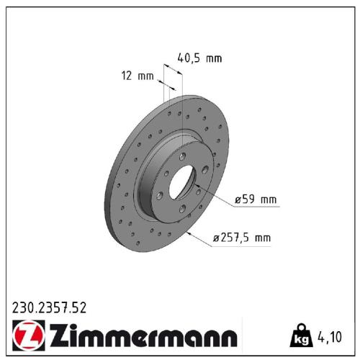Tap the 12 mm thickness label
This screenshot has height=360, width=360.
(136, 76)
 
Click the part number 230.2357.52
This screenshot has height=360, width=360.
(50, 307)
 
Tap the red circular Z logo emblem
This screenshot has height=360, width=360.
(27, 336)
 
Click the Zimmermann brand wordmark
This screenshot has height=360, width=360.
(141, 336)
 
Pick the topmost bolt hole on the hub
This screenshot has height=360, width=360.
(183, 156)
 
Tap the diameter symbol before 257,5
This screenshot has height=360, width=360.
(217, 237)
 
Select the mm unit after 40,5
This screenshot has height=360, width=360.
(213, 58)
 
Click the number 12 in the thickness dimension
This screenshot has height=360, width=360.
(127, 76)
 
